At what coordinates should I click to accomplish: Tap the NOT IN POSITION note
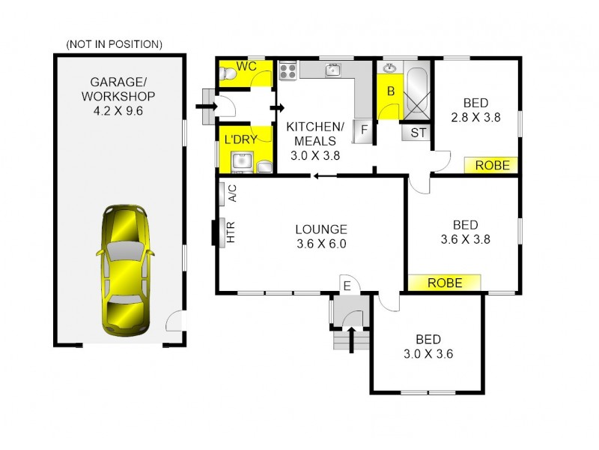click(114, 44)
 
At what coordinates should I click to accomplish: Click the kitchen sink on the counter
click(334, 71)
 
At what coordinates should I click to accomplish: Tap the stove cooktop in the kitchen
click(288, 71)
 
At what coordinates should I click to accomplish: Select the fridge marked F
click(363, 131)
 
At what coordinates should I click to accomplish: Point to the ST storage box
click(416, 133)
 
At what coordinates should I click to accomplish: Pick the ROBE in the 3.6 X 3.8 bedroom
click(444, 283)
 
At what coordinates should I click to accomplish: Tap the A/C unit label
click(231, 193)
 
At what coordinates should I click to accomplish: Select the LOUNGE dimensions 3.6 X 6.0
click(320, 243)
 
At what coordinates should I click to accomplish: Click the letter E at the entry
click(347, 285)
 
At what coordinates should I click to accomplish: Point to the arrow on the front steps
click(350, 334)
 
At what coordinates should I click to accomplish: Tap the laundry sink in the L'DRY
click(241, 160)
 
